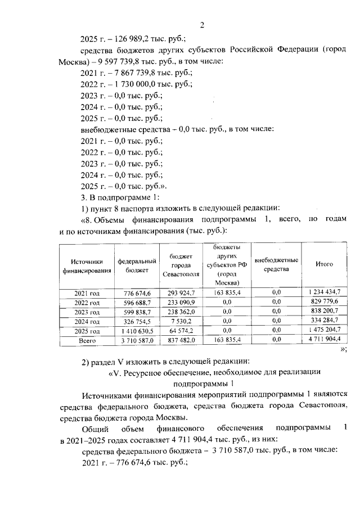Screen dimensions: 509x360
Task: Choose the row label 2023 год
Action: coord(87,312)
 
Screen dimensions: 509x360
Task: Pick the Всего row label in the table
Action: coord(87,341)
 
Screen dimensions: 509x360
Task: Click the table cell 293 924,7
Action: coord(181,292)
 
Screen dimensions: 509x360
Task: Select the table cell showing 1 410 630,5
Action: coord(135,331)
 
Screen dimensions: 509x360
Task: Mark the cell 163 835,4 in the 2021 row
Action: coord(227,292)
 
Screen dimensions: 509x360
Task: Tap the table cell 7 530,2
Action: coord(181,321)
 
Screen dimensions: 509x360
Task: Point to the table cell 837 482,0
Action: coord(181,341)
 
